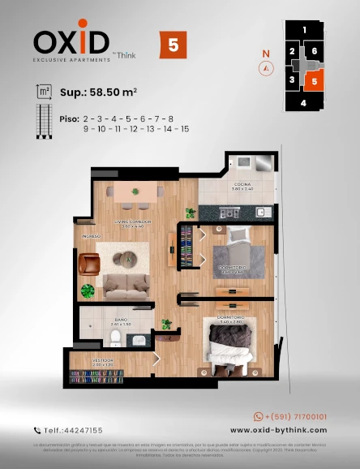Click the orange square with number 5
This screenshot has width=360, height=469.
[173, 45]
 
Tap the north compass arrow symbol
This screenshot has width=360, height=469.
[265, 68]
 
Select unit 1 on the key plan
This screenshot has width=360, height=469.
[304, 30]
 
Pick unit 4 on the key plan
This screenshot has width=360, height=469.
[303, 103]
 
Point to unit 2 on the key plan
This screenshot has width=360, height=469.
[292, 52]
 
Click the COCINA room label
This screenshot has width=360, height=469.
[242, 186]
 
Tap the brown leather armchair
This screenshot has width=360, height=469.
[89, 263]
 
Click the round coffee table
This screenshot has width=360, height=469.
[128, 260]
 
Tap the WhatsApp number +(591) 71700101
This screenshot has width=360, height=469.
[291, 415]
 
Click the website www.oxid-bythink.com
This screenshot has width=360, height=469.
[278, 430]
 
